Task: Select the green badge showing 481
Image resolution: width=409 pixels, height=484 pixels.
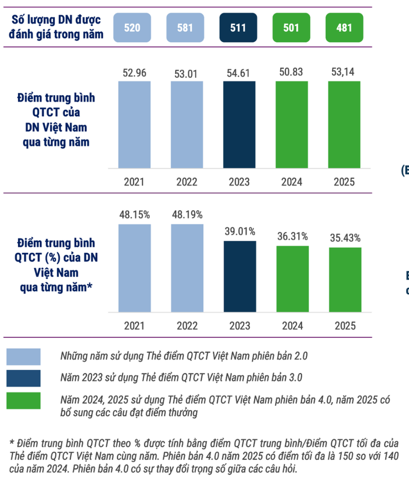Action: [344, 28]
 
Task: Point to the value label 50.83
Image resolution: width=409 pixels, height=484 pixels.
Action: [292, 73]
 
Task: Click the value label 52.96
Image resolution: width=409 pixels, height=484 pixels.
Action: [134, 73]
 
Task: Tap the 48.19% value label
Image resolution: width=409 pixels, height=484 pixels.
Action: [187, 215]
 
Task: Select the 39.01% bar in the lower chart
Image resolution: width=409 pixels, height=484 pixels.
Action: [239, 276]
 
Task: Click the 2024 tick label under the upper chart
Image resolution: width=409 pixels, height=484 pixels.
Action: [292, 182]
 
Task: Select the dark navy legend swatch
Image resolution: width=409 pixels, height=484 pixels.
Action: [23, 378]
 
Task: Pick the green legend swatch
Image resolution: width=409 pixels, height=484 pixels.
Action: [23, 400]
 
